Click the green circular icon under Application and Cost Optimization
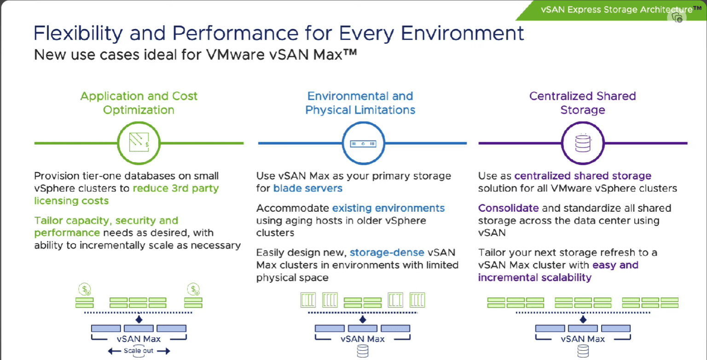point(139,143)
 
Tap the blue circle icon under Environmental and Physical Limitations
point(363,143)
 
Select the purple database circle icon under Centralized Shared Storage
point(582,143)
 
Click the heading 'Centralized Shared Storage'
point(582,103)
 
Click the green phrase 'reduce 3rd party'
point(176,188)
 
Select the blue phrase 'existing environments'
point(388,208)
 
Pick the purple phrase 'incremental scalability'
point(534,277)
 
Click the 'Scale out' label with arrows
point(139,351)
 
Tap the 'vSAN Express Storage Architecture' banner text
point(617,9)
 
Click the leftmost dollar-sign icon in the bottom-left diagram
point(85,289)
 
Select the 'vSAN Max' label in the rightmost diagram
point(583,339)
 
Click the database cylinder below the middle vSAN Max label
point(363,353)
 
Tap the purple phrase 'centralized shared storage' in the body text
point(583,176)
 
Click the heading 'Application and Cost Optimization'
point(139,103)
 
